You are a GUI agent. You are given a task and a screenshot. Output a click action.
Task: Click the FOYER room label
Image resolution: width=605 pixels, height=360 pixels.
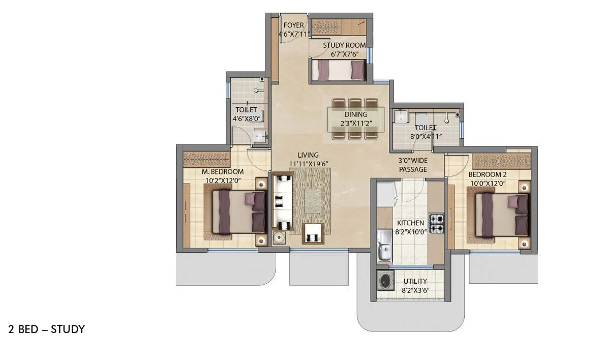click(x=293, y=25)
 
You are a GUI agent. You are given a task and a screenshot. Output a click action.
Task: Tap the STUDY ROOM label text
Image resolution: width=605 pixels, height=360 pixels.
click(x=344, y=45)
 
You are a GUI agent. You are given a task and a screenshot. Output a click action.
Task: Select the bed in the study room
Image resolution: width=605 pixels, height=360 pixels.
click(x=338, y=70)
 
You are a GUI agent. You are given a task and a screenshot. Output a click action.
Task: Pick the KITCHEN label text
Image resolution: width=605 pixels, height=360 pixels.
click(x=410, y=223)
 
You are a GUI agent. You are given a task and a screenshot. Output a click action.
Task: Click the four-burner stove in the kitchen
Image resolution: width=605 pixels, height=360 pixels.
click(x=437, y=223)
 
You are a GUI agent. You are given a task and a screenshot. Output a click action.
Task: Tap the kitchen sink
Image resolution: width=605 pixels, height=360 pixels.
click(x=385, y=252)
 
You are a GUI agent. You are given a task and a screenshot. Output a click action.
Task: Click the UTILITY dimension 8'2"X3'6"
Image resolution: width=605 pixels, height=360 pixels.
click(x=415, y=291)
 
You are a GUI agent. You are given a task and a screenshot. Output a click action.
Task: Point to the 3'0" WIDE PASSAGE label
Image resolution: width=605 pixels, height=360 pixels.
click(x=412, y=165)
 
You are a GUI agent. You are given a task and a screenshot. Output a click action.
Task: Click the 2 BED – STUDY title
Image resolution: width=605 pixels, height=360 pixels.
click(x=46, y=329)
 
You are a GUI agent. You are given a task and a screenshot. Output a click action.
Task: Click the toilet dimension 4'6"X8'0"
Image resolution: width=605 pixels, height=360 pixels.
click(x=247, y=118)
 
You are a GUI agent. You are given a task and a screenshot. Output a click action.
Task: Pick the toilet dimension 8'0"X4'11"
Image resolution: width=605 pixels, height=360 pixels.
click(x=426, y=136)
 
